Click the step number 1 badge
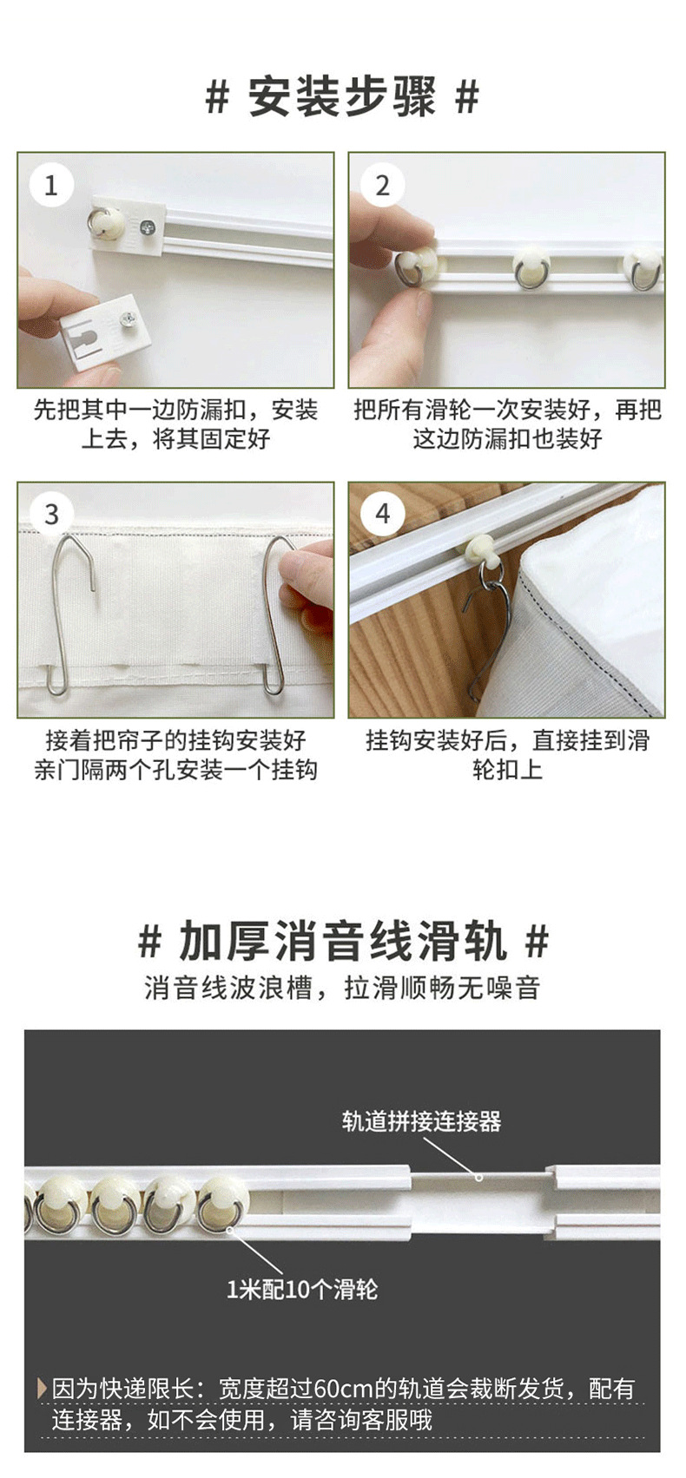50,185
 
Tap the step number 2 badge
382,185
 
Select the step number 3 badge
50,514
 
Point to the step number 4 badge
382,514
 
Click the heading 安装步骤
342,97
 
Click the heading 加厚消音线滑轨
342,942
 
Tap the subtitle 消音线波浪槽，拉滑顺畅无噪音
342,988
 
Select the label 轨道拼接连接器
421,1121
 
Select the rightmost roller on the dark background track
222,1205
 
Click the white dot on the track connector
478,1178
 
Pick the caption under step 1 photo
175,424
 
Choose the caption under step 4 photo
507,754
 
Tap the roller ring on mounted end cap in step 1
102,221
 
